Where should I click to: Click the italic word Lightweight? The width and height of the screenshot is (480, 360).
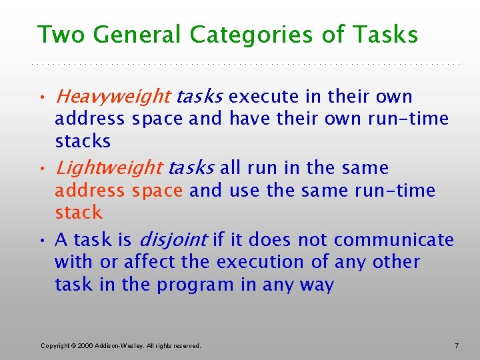109,168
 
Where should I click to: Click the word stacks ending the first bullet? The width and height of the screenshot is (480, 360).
83,141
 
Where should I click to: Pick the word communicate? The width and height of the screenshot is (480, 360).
394,240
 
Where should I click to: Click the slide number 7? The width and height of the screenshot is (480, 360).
457,345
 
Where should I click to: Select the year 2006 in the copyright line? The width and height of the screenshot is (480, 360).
85,345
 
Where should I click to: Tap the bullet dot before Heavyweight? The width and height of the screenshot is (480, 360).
43,99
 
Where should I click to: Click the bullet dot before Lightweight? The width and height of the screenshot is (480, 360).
43,169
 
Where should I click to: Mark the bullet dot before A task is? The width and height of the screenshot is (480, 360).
43,241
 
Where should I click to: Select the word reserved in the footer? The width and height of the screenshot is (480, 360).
186,345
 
